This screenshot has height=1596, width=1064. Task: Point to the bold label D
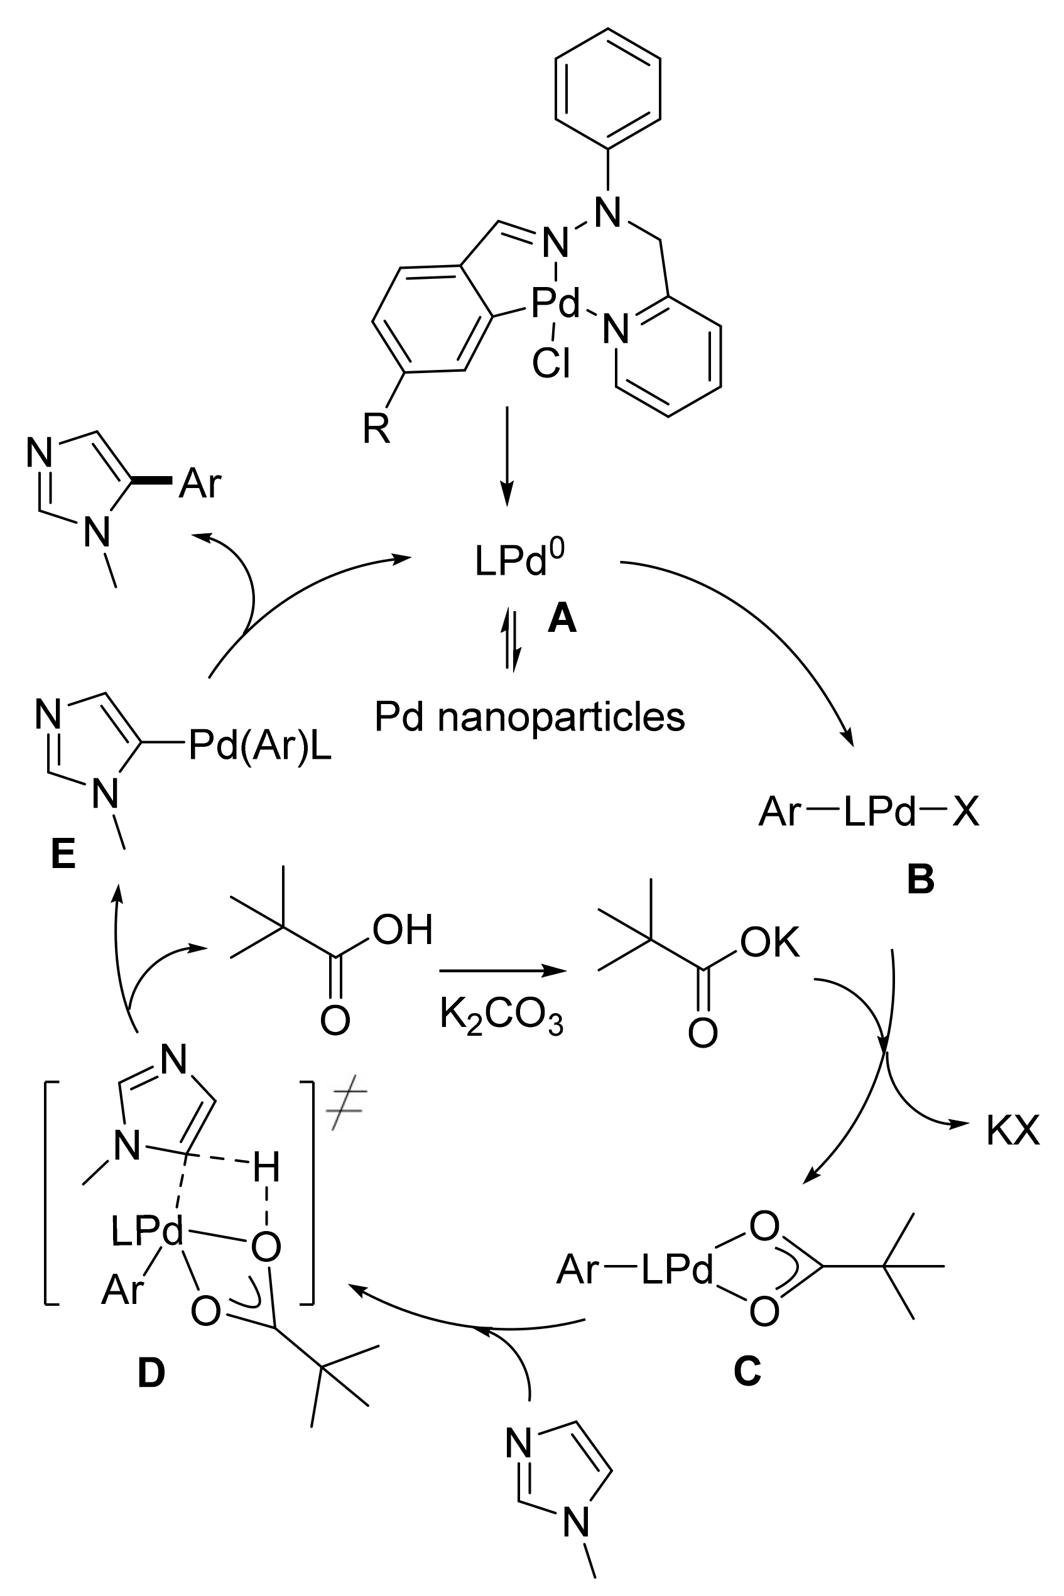click(151, 1373)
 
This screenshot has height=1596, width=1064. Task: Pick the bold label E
click(63, 855)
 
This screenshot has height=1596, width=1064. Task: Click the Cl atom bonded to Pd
click(551, 363)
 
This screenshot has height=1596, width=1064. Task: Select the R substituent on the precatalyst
click(377, 430)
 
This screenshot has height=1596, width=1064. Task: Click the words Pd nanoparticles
click(529, 718)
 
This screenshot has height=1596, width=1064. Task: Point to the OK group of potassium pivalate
click(769, 943)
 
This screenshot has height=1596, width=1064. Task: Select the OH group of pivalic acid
click(403, 930)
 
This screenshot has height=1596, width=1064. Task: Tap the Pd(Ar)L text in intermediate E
click(260, 745)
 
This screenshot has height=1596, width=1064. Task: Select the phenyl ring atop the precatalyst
click(607, 88)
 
